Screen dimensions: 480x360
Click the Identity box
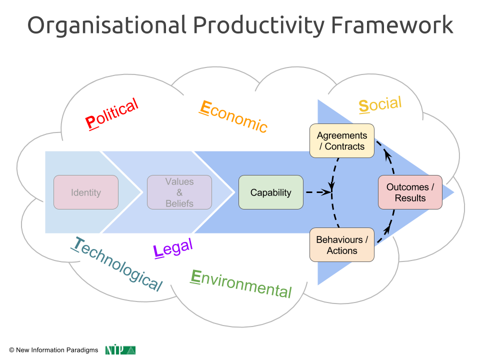click(x=86, y=192)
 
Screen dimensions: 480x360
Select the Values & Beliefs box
click(x=179, y=192)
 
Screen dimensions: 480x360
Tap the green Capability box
click(x=270, y=192)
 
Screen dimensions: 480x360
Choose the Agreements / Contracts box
click(x=341, y=141)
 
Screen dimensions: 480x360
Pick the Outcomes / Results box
click(x=410, y=192)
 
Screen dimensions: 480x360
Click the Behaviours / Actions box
click(x=341, y=245)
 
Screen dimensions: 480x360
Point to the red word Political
click(x=111, y=114)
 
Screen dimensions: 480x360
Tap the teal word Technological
click(x=118, y=263)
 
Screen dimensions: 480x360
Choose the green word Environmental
click(x=241, y=283)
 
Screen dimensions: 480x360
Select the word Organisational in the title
click(x=106, y=25)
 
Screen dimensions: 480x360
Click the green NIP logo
click(x=120, y=350)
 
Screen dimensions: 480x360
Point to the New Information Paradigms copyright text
click(x=53, y=350)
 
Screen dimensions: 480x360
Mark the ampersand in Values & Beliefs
click(x=179, y=192)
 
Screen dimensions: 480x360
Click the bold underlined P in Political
click(x=90, y=123)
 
